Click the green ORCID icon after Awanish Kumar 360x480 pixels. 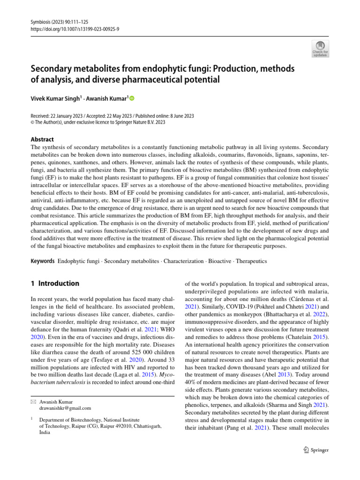tap(132, 98)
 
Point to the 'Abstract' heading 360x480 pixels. tap(42, 139)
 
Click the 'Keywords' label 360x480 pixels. tap(42, 260)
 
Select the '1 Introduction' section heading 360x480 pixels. tap(55, 284)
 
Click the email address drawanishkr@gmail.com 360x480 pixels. tap(65, 408)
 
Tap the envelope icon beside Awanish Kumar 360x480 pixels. tap(33, 401)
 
